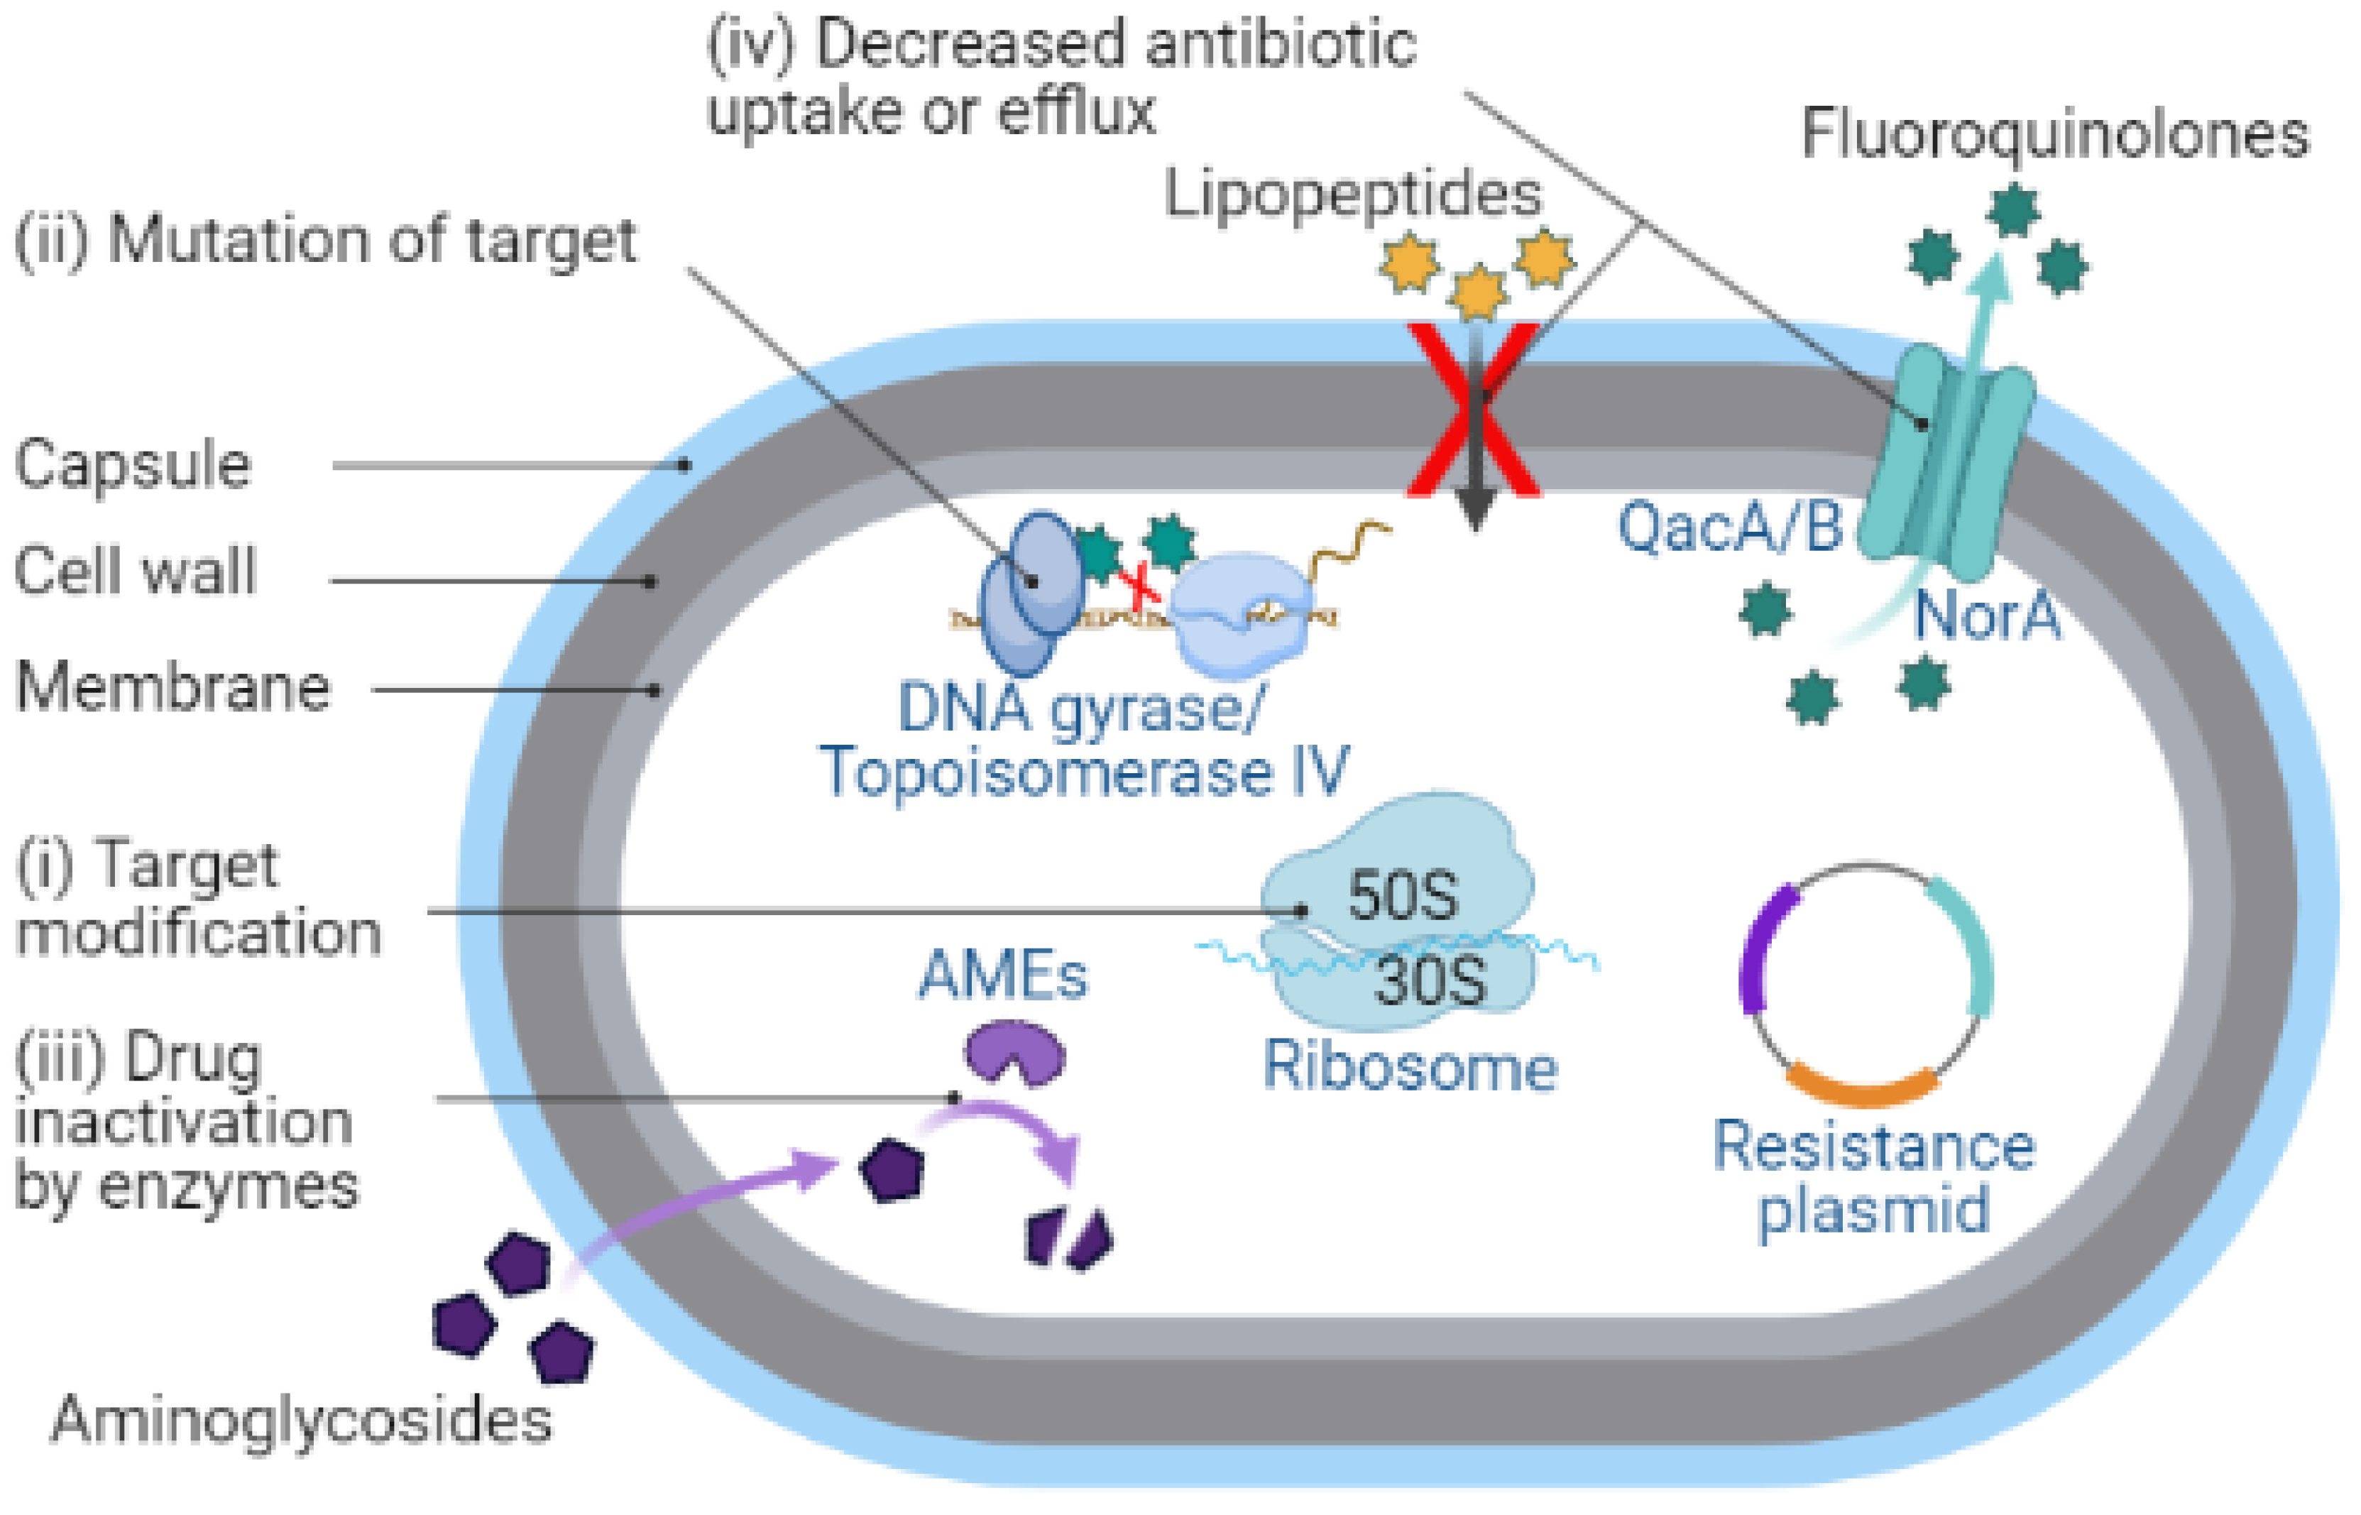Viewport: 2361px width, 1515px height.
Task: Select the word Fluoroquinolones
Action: tap(2054, 135)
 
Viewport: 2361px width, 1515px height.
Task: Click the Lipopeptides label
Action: tap(1353, 194)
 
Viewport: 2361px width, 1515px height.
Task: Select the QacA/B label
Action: tap(1729, 526)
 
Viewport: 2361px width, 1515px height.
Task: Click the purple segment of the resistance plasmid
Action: tap(1762, 949)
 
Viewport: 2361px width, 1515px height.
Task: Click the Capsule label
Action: tap(133, 465)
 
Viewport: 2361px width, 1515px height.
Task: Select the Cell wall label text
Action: tap(136, 571)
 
